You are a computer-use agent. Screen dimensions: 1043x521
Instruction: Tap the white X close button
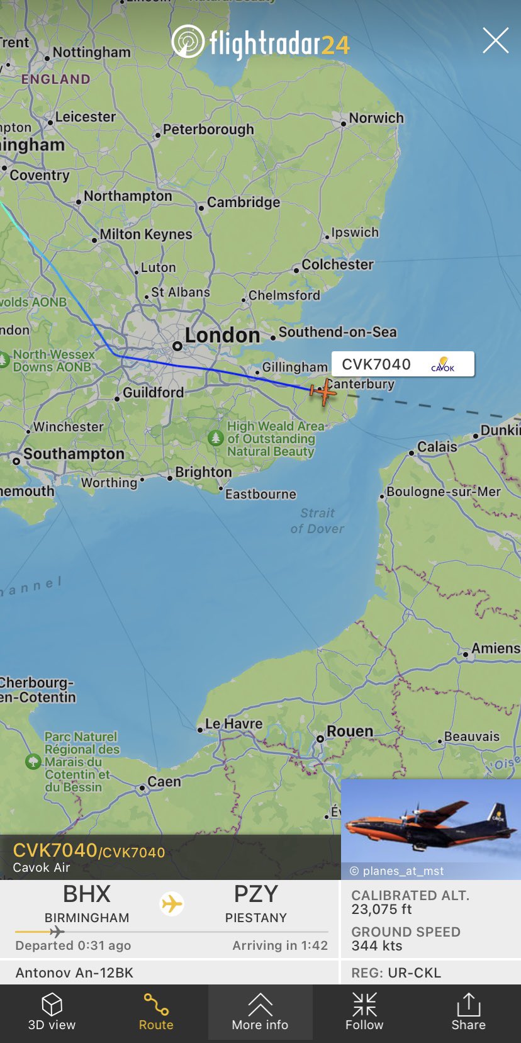coord(495,41)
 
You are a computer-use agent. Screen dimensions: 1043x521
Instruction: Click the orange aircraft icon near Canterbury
coord(323,392)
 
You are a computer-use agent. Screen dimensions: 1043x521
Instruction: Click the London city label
coord(222,335)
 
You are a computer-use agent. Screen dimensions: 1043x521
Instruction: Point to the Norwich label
coord(376,118)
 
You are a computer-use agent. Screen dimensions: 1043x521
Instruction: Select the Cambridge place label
coord(243,203)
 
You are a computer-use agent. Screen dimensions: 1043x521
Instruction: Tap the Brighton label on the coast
coord(203,472)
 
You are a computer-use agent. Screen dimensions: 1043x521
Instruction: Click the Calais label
coord(437,447)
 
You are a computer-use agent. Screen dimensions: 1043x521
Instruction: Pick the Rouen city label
coord(349,731)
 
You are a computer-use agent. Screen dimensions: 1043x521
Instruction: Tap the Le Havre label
coord(233,724)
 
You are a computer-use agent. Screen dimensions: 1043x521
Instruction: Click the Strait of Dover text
coord(317,521)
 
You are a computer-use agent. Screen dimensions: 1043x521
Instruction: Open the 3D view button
coord(52,1012)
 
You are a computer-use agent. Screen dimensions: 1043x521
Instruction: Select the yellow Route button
coord(156,1012)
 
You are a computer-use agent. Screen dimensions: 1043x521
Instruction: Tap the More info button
coord(260,1012)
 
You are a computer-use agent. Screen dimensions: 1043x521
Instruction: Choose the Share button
coord(468,1012)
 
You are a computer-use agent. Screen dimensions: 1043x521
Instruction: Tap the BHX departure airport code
coord(87,894)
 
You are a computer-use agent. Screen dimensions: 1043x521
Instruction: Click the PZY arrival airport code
coord(255,894)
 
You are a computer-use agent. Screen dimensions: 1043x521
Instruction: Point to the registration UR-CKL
coord(414,973)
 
